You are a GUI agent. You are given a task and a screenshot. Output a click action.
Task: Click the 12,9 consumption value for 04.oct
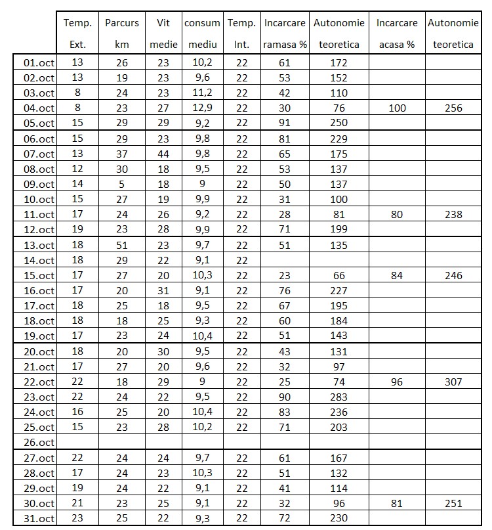(x=202, y=108)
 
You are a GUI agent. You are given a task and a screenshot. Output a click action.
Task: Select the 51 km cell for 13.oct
(x=122, y=245)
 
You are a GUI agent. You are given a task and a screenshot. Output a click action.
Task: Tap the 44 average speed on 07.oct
(x=163, y=154)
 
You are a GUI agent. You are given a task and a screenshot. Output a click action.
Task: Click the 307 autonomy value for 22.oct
(x=453, y=382)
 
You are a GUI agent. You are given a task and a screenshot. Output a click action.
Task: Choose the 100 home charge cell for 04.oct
(x=397, y=108)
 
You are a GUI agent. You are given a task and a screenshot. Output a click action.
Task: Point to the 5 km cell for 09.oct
(x=122, y=185)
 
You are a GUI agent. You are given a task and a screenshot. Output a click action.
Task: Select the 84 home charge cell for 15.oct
(x=397, y=276)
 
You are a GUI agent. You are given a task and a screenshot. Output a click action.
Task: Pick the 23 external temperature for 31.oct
(x=77, y=519)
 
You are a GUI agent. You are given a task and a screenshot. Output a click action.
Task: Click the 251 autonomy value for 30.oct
(x=453, y=504)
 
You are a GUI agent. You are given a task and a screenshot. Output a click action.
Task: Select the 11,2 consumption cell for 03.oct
(x=202, y=93)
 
